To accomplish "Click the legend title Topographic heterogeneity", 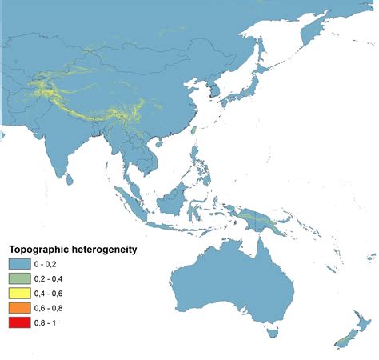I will tap(72, 250).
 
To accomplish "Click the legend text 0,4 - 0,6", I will tap(62, 293).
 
